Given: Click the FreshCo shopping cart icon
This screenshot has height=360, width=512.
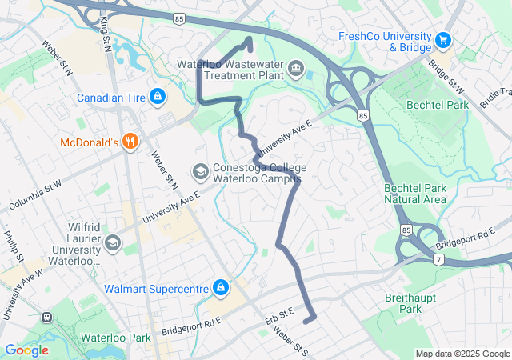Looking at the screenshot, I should (442, 38).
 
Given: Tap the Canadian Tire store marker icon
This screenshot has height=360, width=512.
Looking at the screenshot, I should (158, 98).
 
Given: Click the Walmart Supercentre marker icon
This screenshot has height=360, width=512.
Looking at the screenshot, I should (219, 287).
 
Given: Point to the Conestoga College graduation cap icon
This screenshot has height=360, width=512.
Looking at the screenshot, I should (200, 171).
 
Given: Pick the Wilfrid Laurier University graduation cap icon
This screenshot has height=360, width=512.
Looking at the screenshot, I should (113, 241).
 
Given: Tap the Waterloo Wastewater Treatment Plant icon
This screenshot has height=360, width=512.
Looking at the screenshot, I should (297, 69).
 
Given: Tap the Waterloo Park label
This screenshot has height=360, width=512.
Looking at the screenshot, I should (115, 338).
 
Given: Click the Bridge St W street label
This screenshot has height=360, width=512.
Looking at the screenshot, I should (446, 74).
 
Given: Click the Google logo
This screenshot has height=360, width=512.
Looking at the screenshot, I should (26, 350).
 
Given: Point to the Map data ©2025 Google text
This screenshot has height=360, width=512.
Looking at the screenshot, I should (462, 354).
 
